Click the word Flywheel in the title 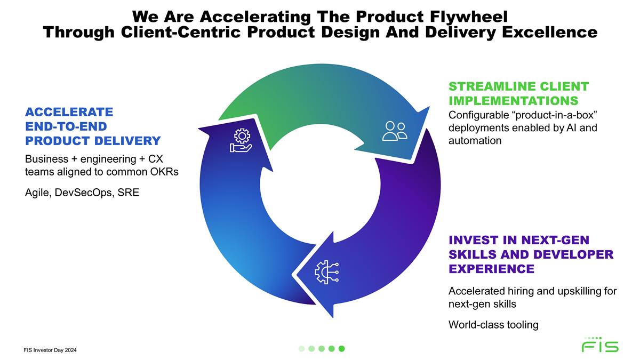coord(469,17)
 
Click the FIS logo coord(600,345)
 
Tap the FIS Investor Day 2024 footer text coord(50,350)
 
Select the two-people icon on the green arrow coord(395,131)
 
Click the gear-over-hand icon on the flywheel coord(241,140)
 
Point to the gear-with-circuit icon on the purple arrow coord(326,272)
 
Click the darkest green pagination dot coord(341,349)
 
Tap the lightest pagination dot coord(301,349)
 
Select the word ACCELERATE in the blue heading coord(69,112)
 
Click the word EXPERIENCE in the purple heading coord(491,269)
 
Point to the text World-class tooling coord(493,325)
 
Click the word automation coord(475,141)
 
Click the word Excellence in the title coord(550,33)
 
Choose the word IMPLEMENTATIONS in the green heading coord(514,101)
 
